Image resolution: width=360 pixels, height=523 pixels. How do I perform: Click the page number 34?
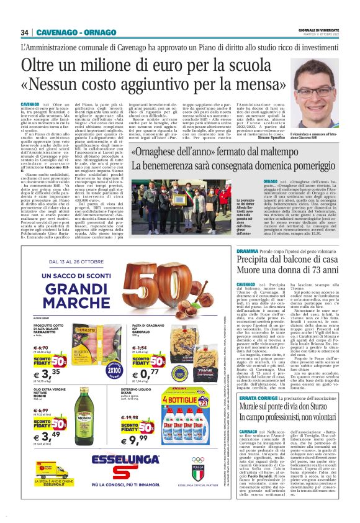(x=25, y=32)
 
